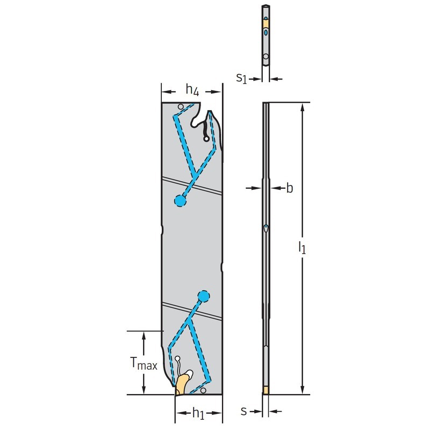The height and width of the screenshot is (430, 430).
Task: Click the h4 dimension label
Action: (192, 90)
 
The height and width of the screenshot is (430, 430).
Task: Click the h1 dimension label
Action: (198, 413)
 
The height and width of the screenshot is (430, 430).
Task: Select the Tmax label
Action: (144, 364)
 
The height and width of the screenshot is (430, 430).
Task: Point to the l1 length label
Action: (302, 247)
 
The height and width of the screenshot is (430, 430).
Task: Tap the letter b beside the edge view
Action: (289, 188)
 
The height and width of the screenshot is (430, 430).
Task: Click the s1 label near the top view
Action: (241, 78)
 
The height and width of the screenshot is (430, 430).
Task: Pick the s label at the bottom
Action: (243, 411)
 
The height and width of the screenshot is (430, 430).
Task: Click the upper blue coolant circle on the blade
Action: (180, 200)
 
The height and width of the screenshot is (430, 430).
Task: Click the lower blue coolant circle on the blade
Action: (204, 296)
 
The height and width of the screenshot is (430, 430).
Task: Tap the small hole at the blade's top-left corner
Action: (181, 106)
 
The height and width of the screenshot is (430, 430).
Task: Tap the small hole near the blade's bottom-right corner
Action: (203, 390)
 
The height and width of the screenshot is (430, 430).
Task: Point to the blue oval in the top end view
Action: (266, 32)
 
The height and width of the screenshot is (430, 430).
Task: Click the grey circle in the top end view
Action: (266, 56)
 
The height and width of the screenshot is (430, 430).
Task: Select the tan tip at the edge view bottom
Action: (266, 390)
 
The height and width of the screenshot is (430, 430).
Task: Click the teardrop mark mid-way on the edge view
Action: (266, 228)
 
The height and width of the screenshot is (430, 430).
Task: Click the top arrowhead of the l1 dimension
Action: (302, 107)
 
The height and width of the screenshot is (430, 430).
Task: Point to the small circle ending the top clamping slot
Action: (206, 139)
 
